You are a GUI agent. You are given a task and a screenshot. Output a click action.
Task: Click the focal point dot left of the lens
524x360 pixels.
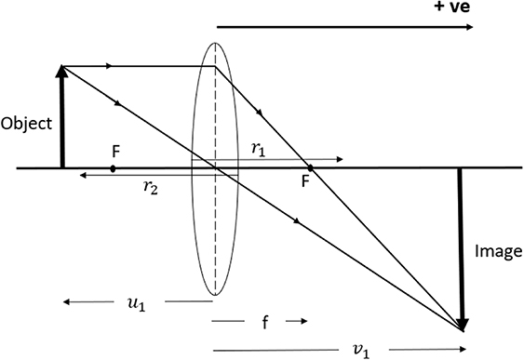113,168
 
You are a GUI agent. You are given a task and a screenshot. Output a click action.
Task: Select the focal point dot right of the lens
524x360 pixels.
310,168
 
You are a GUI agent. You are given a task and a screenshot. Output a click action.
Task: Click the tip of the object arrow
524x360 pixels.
62,67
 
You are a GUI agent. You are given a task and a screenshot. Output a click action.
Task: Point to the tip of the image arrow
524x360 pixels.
462,328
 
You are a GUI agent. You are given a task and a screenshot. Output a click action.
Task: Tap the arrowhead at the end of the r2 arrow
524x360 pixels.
81,175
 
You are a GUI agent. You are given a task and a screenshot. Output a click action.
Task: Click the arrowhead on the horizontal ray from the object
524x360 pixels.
112,66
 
